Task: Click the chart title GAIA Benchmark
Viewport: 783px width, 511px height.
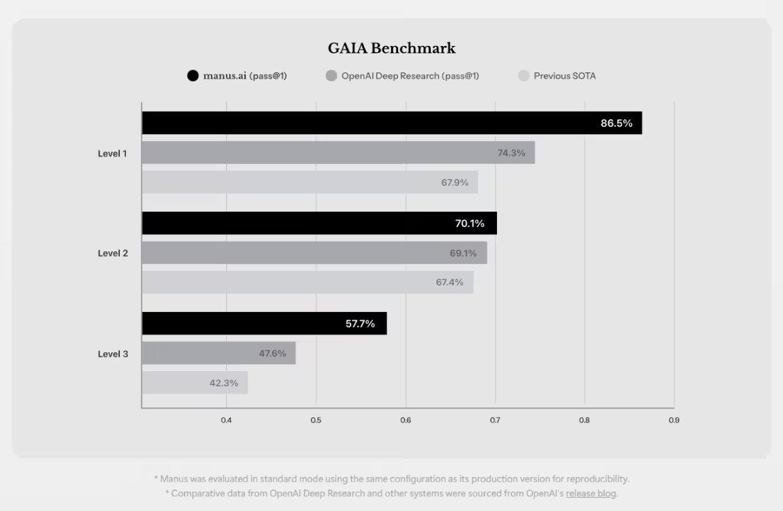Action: (392, 48)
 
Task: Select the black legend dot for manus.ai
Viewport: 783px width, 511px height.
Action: (193, 76)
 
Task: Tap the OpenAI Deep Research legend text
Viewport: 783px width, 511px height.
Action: (410, 76)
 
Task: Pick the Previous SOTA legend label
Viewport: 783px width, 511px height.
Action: (564, 76)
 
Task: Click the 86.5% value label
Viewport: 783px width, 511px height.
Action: (617, 123)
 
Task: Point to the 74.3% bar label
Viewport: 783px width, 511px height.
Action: (511, 153)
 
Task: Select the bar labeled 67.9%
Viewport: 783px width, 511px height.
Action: (310, 182)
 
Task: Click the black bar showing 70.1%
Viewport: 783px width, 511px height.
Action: (319, 223)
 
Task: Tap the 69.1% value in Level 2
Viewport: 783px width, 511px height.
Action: (463, 253)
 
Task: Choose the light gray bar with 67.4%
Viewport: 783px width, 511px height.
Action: (307, 282)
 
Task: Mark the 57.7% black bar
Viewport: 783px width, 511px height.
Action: (264, 324)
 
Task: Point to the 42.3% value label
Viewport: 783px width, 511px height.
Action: (223, 383)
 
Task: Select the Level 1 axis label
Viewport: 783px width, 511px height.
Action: (113, 153)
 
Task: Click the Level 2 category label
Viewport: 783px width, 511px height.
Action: (113, 253)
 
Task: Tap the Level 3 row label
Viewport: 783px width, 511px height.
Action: (113, 354)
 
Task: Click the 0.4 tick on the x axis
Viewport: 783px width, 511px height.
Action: (226, 420)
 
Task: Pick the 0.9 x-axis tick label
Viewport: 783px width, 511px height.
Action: (674, 420)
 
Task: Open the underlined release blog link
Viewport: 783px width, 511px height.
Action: (591, 494)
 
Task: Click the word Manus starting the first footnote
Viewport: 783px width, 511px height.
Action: (173, 479)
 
